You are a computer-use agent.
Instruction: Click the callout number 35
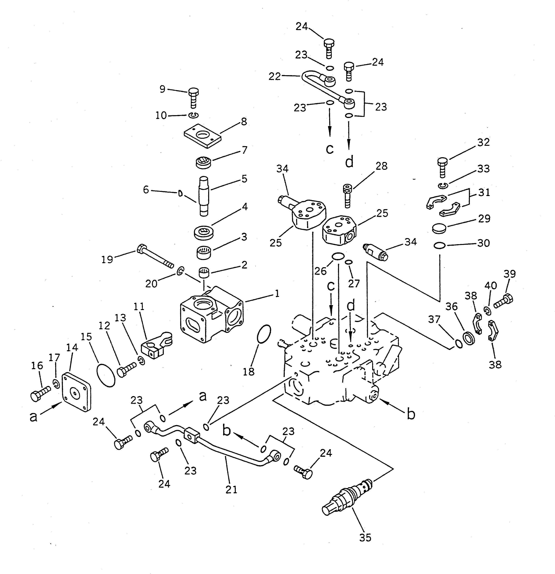click(365, 537)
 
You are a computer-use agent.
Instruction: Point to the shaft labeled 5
click(204, 196)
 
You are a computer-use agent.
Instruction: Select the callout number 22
click(275, 77)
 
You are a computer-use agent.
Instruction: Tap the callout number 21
click(231, 489)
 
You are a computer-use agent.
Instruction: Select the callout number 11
click(139, 306)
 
